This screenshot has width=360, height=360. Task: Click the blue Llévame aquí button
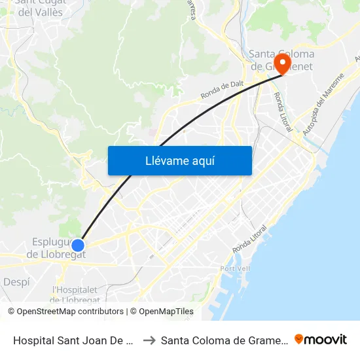click(x=179, y=160)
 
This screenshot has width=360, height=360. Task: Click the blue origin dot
click(x=78, y=245)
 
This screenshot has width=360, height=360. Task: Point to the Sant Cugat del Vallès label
click(x=41, y=8)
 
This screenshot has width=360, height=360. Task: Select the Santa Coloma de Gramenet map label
click(x=281, y=60)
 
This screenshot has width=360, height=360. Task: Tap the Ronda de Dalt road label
click(x=223, y=90)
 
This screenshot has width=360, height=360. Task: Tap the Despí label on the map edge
click(x=16, y=282)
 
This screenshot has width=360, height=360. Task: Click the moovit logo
click(x=321, y=339)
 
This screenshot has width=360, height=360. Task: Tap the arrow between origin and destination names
click(x=149, y=340)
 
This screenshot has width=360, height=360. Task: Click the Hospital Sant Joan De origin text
click(x=73, y=340)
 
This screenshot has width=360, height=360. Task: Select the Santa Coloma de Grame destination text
click(x=223, y=340)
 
